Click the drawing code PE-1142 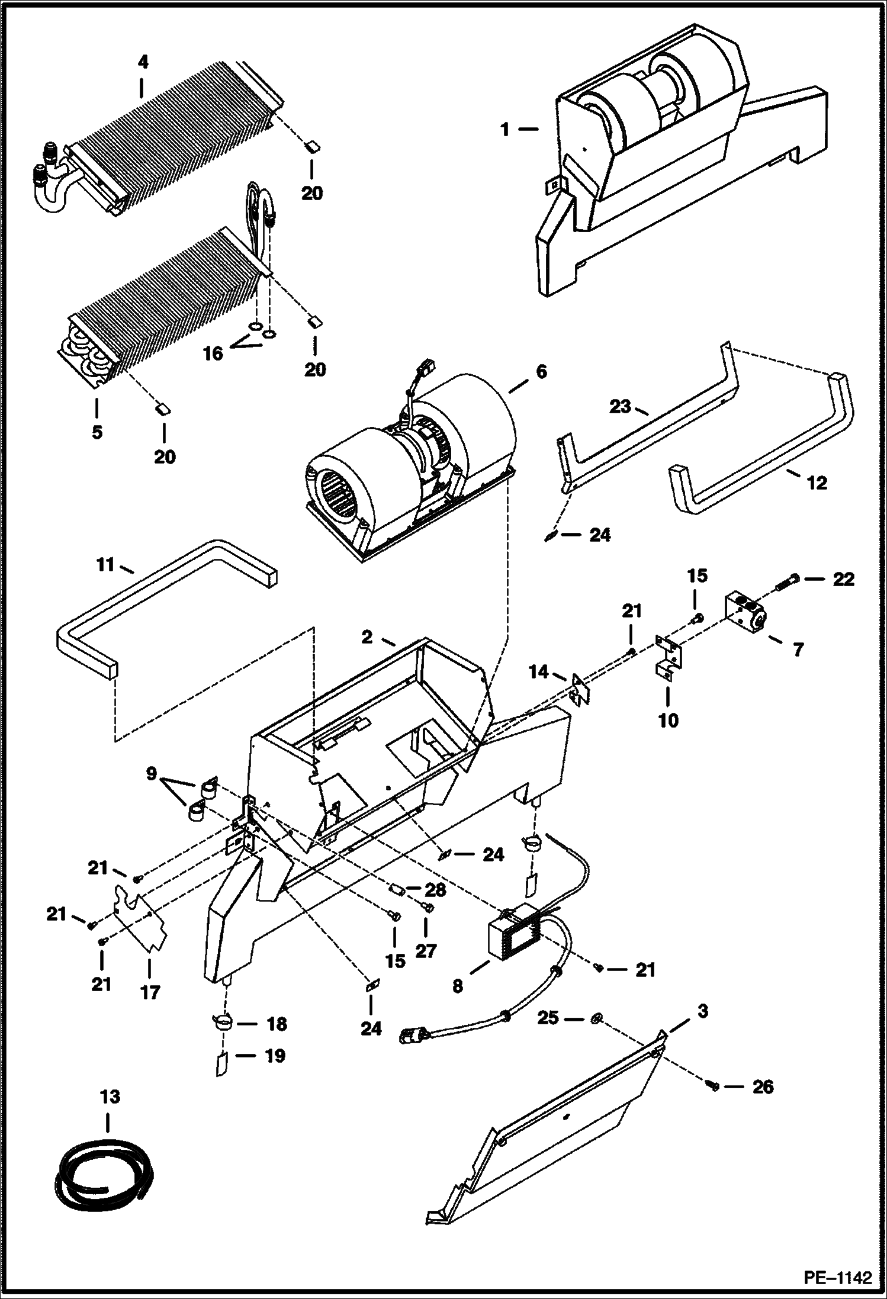tap(837, 1278)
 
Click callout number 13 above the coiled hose tap(111, 1097)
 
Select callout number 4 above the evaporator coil tap(143, 62)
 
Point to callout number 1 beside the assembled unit tap(504, 129)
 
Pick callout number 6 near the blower tap(541, 372)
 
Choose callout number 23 tap(621, 408)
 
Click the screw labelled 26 tap(713, 1085)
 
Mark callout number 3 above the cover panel tap(702, 1011)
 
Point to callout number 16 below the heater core tap(213, 353)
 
